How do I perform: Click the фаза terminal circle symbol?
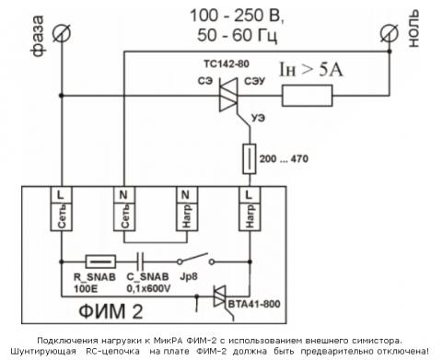coord(62,33)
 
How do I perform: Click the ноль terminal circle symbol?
coord(389,33)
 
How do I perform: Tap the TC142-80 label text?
coord(227,64)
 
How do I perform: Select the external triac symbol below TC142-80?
coord(228,95)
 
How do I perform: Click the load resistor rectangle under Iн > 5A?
coord(307,96)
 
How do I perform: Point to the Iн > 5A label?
coord(310,70)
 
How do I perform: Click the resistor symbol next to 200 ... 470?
coord(250,158)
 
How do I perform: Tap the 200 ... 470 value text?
coord(284,158)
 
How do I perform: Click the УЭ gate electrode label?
coord(258,118)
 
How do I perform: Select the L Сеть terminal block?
coord(62,209)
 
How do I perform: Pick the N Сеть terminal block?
coord(124,209)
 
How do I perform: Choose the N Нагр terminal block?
coord(187,209)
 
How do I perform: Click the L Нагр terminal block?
coord(250,209)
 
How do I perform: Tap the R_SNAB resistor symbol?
coord(100,261)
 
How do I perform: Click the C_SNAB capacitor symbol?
coord(140,261)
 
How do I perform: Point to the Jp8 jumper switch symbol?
coord(195,260)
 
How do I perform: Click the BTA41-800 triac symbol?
coord(220,296)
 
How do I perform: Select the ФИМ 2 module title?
coord(110,311)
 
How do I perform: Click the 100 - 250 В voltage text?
coord(237,16)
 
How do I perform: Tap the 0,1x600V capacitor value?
coord(148,289)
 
